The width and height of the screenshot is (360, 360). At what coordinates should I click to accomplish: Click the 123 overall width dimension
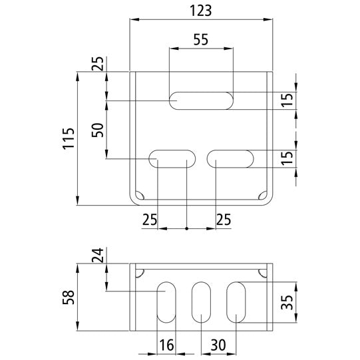[x=200, y=10]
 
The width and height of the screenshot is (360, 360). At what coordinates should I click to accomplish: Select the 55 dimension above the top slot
[x=201, y=39]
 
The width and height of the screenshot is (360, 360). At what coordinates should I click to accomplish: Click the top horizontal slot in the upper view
[x=201, y=100]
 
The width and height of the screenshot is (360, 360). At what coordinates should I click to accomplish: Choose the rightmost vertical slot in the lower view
[x=236, y=303]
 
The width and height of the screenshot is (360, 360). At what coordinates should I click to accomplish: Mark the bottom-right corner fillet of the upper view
[x=262, y=196]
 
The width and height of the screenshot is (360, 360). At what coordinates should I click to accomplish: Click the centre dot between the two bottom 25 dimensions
[x=187, y=229]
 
